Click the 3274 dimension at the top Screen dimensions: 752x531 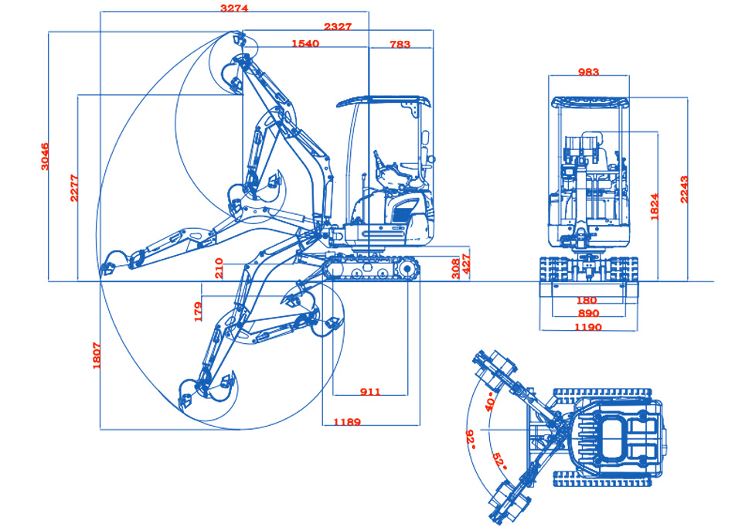coord(234,9)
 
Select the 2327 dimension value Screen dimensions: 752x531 coord(338,27)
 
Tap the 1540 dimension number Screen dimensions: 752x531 coord(305,43)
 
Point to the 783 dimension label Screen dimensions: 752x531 coord(400,44)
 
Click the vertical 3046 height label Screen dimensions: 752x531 coord(45,156)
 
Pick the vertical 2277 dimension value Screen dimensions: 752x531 coord(74,188)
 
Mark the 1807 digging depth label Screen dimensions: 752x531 coord(97,356)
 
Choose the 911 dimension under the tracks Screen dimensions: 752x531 coord(370,392)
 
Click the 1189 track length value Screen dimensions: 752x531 coord(347,422)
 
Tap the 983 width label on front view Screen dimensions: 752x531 coord(588,72)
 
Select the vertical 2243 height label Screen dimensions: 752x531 coord(684,189)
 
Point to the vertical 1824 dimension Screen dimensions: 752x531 coord(654,206)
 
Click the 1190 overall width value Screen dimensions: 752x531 coord(588,327)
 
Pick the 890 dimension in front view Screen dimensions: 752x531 coord(588,313)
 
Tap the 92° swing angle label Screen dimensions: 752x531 coord(471,439)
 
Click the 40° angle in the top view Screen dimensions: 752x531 coord(490,402)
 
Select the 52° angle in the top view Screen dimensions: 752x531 coord(500,461)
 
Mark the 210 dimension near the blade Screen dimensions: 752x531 coord(219,268)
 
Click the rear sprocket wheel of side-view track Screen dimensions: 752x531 coord(407,269)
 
